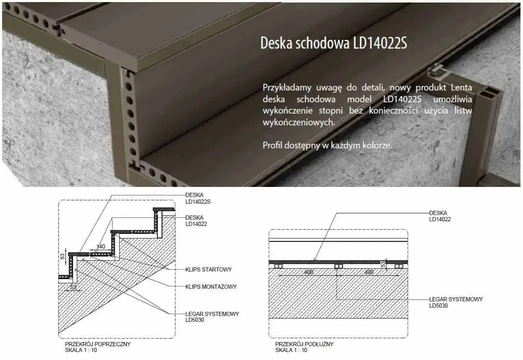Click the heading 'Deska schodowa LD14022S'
pos(333,43)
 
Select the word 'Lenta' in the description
pos(461,88)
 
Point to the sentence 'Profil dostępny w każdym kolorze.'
pos(327,145)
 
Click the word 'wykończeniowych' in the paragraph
pos(299,123)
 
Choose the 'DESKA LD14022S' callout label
pos(198,198)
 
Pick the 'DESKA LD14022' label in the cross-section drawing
pos(196,220)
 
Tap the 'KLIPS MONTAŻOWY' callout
pos(211,287)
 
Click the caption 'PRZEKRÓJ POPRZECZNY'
pos(98,344)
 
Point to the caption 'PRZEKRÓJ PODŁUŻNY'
pos(304,344)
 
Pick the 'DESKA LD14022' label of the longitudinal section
pos(440,216)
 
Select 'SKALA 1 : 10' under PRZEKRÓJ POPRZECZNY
pos(81,350)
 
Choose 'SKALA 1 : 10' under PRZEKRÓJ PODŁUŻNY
pos(291,350)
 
